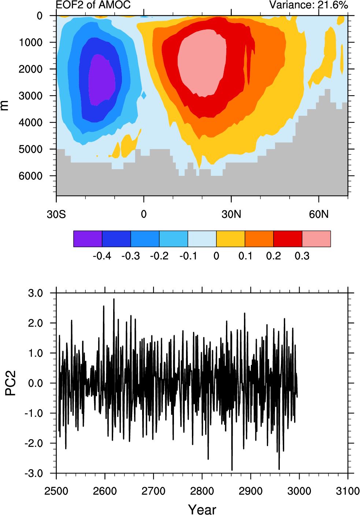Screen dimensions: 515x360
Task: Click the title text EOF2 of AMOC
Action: [93, 5]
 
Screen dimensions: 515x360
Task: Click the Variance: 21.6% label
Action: [308, 5]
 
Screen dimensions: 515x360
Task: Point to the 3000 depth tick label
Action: [30, 96]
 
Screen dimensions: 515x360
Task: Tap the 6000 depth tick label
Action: [30, 176]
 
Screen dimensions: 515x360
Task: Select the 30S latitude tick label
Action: [56, 214]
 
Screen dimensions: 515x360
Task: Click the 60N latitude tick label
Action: [319, 214]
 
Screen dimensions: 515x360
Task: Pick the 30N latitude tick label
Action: [231, 214]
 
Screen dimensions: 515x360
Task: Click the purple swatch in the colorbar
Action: [88, 239]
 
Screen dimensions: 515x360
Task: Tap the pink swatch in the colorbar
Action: [316, 239]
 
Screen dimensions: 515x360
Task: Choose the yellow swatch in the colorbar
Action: [231, 239]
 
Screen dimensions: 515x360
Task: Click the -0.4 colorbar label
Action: [102, 256]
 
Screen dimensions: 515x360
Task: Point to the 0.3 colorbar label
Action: [302, 256]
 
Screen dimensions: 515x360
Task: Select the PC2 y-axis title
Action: [11, 383]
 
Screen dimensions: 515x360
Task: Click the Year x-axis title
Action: [202, 510]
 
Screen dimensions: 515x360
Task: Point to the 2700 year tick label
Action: [153, 491]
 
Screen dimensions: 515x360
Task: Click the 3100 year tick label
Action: [348, 491]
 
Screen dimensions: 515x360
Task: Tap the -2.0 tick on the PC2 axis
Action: [34, 444]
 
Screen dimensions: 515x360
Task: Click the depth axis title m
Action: [4, 105]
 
